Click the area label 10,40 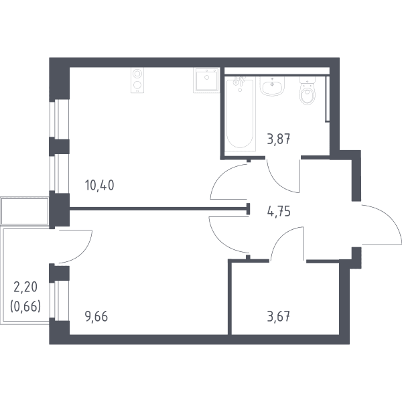[x=99, y=185]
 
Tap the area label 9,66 [x=96, y=316]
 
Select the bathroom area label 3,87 [x=279, y=139]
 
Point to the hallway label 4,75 [x=279, y=212]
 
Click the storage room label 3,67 [x=279, y=316]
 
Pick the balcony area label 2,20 [x=25, y=287]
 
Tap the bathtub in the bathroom [x=241, y=114]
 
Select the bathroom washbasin [x=272, y=86]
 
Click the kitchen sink [x=206, y=80]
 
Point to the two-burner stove [x=137, y=80]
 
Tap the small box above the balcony [x=25, y=211]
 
